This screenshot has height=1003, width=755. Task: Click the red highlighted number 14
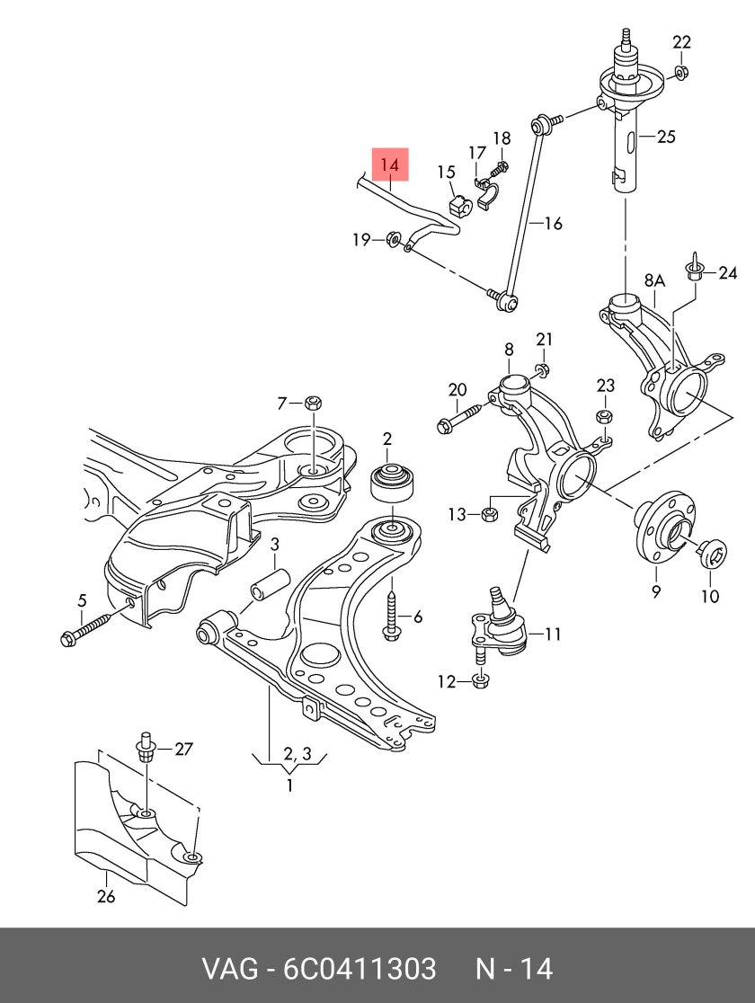389,165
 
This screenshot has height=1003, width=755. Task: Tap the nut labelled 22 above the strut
681,71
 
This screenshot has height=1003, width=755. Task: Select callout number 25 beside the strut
665,138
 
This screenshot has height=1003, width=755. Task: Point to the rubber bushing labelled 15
459,207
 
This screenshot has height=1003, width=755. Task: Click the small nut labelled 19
393,238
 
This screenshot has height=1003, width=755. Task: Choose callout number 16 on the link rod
552,224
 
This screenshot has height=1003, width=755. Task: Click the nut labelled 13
491,514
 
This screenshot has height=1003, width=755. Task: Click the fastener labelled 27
146,749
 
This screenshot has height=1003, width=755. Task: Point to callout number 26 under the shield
106,896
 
